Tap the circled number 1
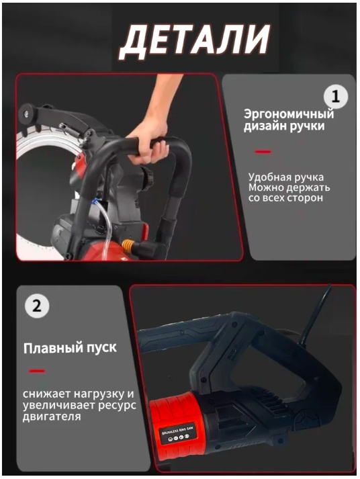(x=336, y=97)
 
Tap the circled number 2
(x=37, y=305)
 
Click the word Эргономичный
(x=289, y=115)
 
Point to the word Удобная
(x=269, y=177)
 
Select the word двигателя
(x=52, y=417)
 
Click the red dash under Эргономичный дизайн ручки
(x=263, y=152)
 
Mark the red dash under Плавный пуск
(x=37, y=371)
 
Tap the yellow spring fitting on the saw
(x=128, y=245)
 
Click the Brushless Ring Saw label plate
(x=177, y=433)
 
